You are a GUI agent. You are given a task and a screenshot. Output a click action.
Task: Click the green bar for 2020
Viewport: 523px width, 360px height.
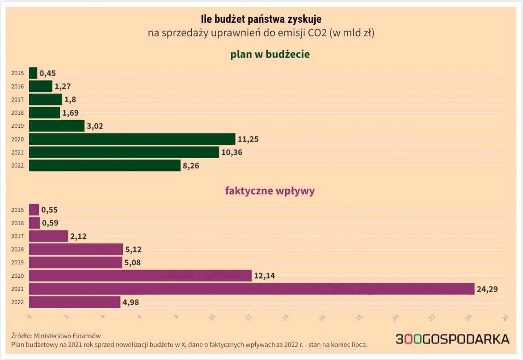pyautogui.click(x=132, y=139)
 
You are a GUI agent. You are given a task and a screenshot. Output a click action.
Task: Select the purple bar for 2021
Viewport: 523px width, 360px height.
pyautogui.click(x=252, y=289)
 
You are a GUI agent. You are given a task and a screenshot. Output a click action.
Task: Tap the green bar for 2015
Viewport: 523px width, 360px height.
pyautogui.click(x=33, y=73)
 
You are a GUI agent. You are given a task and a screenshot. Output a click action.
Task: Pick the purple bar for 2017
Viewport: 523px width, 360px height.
pyautogui.click(x=48, y=236)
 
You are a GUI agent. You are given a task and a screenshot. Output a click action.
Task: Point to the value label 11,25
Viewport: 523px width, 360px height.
pyautogui.click(x=248, y=139)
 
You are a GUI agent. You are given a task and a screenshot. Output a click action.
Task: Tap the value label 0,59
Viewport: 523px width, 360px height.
pyautogui.click(x=50, y=222)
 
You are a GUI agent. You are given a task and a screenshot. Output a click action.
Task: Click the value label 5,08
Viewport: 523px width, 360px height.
pyautogui.click(x=133, y=263)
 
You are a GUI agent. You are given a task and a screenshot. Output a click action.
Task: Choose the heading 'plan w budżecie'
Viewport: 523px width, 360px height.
pyautogui.click(x=270, y=54)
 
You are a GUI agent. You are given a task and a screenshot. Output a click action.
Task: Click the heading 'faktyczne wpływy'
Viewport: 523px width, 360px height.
pyautogui.click(x=270, y=191)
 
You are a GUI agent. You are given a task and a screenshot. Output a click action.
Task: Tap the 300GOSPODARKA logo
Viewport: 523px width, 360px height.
pyautogui.click(x=452, y=339)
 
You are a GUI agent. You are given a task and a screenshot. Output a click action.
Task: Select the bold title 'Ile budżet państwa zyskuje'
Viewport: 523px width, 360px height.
pyautogui.click(x=261, y=19)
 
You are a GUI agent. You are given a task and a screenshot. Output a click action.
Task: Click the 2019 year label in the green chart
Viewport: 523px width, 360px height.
pyautogui.click(x=17, y=126)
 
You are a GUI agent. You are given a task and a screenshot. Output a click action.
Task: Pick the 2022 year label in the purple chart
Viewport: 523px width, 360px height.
pyautogui.click(x=17, y=302)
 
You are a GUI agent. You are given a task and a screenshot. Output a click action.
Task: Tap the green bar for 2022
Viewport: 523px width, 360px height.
pyautogui.click(x=105, y=166)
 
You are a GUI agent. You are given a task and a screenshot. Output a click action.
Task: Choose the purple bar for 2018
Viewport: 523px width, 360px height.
pyautogui.click(x=76, y=249)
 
